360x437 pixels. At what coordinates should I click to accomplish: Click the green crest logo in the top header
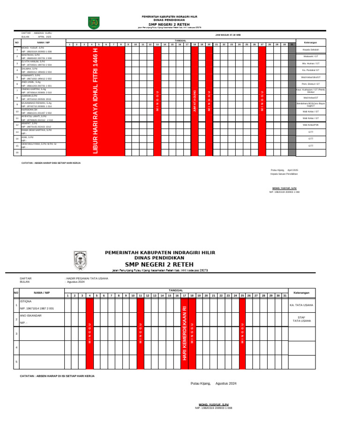coord(94,22)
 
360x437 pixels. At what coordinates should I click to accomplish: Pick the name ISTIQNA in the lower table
coord(26,301)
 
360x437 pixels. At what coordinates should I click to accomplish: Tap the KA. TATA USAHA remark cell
coord(301,305)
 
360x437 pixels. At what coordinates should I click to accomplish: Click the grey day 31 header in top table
coord(292,45)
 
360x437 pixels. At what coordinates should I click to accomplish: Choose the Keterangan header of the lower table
coord(301,293)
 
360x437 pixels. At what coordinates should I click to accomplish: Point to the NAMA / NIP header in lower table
coord(41,293)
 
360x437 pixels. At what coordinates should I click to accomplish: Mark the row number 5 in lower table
coord(16,362)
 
